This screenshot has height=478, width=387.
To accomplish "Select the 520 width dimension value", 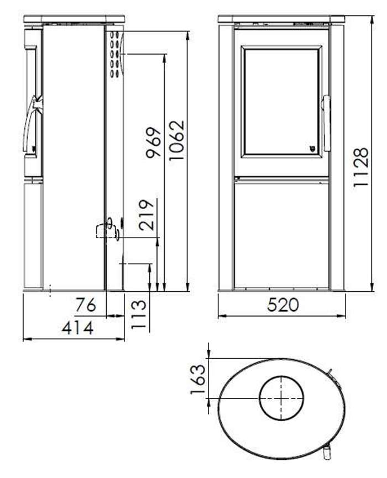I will (282, 304).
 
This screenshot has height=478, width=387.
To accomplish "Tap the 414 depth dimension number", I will (77, 328).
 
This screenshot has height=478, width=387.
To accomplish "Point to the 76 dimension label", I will (86, 304).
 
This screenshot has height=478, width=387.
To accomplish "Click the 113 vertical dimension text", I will (140, 314).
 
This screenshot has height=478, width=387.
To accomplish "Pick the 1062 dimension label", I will (176, 140).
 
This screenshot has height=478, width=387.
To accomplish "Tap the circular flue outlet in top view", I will (281, 397).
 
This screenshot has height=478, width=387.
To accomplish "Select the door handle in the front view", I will (326, 123).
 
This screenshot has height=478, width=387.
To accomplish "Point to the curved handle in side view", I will (32, 125).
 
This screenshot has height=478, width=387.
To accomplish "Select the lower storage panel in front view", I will (281, 233).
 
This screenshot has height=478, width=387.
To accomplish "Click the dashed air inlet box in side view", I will (103, 230).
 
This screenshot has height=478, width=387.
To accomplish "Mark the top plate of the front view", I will (281, 19).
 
